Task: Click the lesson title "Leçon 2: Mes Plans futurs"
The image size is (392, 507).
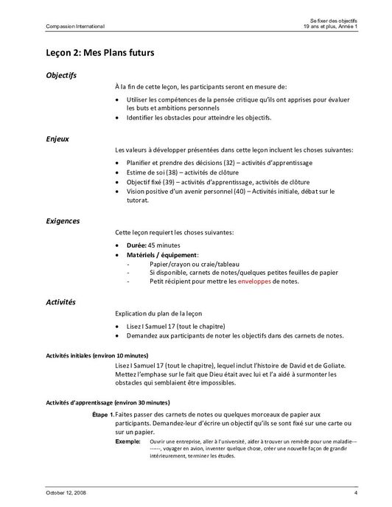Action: pyautogui.click(x=100, y=53)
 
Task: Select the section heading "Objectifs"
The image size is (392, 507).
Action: pyautogui.click(x=60, y=75)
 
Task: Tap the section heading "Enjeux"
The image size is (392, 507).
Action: pyautogui.click(x=57, y=138)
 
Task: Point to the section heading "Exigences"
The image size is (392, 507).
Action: pyautogui.click(x=63, y=221)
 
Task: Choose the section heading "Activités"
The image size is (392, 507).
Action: pyautogui.click(x=61, y=301)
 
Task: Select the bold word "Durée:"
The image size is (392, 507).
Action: pyautogui.click(x=139, y=245)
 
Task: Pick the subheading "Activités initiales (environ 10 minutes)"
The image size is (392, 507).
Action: pyautogui.click(x=97, y=355)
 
